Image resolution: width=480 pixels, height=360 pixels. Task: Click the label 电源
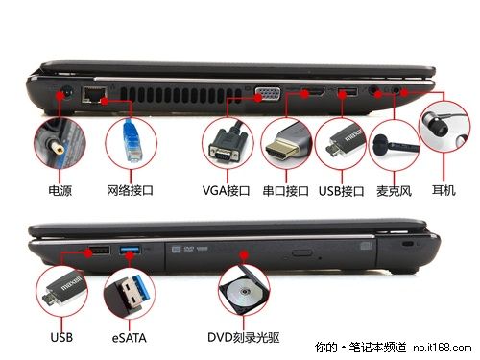pyautogui.click(x=60, y=192)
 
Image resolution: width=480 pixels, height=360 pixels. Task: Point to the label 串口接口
pyautogui.click(x=286, y=192)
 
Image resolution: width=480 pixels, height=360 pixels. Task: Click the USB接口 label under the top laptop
pyautogui.click(x=341, y=192)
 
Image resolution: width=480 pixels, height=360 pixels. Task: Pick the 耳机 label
pyautogui.click(x=444, y=192)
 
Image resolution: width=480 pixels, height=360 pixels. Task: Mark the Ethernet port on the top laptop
pyautogui.click(x=95, y=94)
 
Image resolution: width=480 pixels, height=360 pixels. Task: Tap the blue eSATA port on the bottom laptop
pyautogui.click(x=131, y=252)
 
